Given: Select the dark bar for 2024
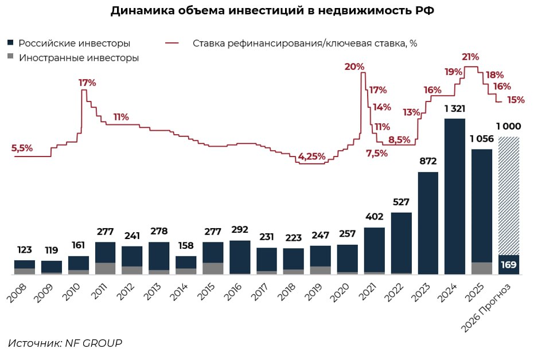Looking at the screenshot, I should tap(455, 195).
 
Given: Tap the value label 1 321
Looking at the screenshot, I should tap(455, 109).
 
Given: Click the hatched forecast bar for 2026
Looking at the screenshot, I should tap(509, 195).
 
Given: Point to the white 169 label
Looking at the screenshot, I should tap(509, 265).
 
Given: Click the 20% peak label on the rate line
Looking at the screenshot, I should tap(354, 66).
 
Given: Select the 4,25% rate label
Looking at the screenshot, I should tap(311, 156).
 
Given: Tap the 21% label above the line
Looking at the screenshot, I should tap(470, 57).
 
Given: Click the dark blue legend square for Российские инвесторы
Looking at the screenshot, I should tap(11, 44).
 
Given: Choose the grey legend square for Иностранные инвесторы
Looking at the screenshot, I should tap(11, 58).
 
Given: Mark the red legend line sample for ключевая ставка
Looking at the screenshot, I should tap(172, 44).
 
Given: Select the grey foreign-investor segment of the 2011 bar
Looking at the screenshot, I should tap(106, 268).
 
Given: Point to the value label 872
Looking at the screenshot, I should tap(428, 162).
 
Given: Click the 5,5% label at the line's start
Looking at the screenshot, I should tap(22, 148).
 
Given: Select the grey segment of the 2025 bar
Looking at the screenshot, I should tap(482, 268).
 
